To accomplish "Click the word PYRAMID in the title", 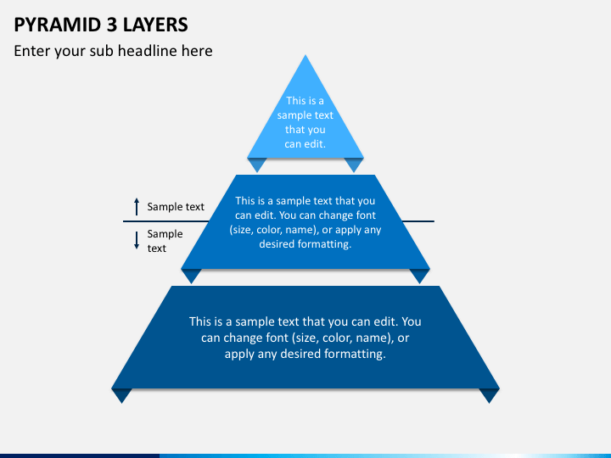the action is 58,25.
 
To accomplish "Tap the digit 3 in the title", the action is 112,25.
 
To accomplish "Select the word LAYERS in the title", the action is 155,25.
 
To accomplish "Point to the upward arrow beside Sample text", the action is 137,206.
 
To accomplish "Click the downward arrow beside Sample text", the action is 137,240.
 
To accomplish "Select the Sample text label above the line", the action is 176,207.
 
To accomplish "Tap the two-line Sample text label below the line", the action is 165,241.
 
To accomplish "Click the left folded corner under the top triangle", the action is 257,165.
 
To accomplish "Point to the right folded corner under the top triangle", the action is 354,165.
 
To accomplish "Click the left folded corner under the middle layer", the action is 191,276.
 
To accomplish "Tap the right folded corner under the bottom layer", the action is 489,396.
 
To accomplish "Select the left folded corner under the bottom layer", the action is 121,396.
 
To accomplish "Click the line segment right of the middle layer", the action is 418,221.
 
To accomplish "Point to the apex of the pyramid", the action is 305,55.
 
